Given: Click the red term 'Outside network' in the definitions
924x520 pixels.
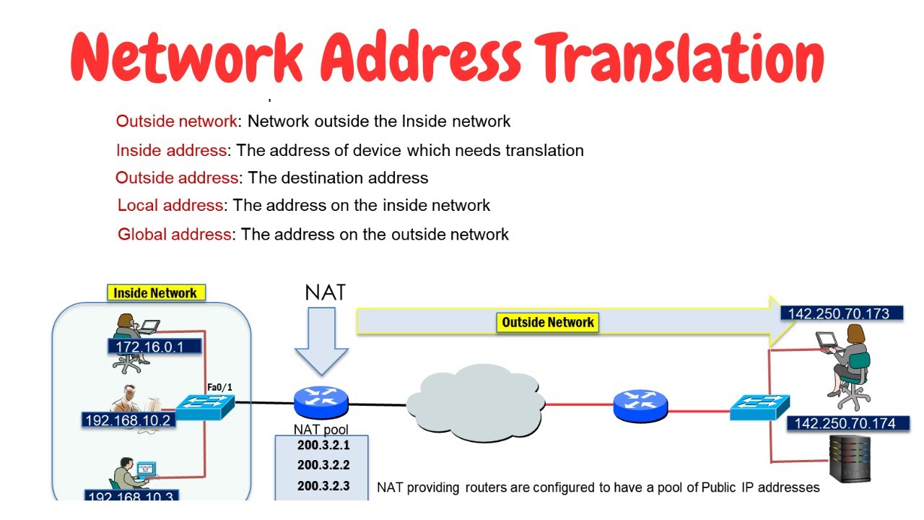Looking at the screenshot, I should tap(176, 121).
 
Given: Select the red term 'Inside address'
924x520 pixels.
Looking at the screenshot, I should tap(172, 150).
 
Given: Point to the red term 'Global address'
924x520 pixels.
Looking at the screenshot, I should tap(175, 234).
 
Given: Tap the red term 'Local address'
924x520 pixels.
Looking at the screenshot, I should tap(170, 205).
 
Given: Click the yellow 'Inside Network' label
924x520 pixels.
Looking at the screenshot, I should tap(155, 293).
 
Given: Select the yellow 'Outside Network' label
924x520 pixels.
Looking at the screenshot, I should tap(548, 322).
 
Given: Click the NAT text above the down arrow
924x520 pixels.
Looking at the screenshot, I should tap(325, 292).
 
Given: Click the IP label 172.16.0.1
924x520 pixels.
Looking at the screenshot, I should tap(149, 347).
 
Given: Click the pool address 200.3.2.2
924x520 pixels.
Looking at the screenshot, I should tap(323, 465).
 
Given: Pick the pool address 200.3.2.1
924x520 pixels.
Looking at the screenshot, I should tap(323, 446).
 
